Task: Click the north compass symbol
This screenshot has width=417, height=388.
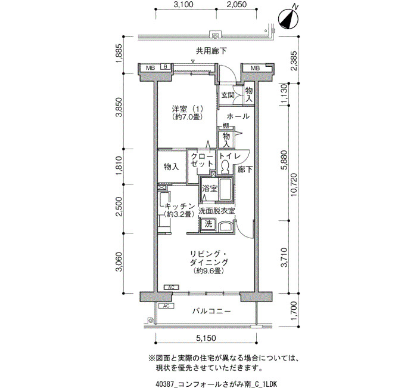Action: (x=288, y=19)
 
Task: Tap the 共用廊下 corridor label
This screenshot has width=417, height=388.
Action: (x=211, y=51)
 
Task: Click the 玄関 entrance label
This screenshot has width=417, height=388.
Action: (x=228, y=95)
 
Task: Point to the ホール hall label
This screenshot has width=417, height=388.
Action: (x=238, y=116)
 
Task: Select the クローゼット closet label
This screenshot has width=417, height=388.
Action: (x=202, y=160)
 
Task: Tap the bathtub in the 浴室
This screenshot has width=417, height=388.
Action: (x=226, y=189)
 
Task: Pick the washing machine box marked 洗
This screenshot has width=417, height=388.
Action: (x=208, y=224)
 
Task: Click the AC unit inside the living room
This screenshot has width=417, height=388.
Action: (x=172, y=287)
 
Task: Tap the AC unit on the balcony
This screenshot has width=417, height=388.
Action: (x=166, y=306)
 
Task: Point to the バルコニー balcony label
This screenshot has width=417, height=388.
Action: (x=211, y=311)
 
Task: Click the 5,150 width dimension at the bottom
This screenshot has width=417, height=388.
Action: (x=206, y=338)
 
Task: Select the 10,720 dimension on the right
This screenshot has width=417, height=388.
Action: (x=294, y=184)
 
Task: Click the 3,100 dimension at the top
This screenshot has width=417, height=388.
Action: (x=183, y=5)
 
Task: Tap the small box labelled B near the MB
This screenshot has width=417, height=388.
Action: (x=165, y=67)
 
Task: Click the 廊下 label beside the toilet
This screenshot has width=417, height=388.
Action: (x=245, y=169)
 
